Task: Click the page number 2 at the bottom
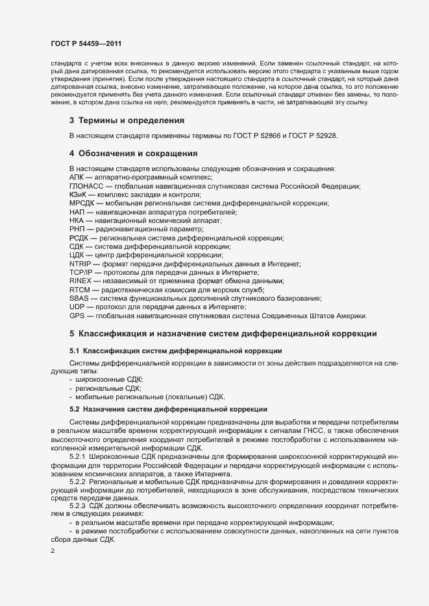tap(53, 551)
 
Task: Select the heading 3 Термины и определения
tap(122, 121)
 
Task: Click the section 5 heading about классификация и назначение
tap(223, 333)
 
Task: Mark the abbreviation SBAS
tap(79, 298)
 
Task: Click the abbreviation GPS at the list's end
tap(77, 316)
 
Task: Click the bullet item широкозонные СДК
tap(110, 378)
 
